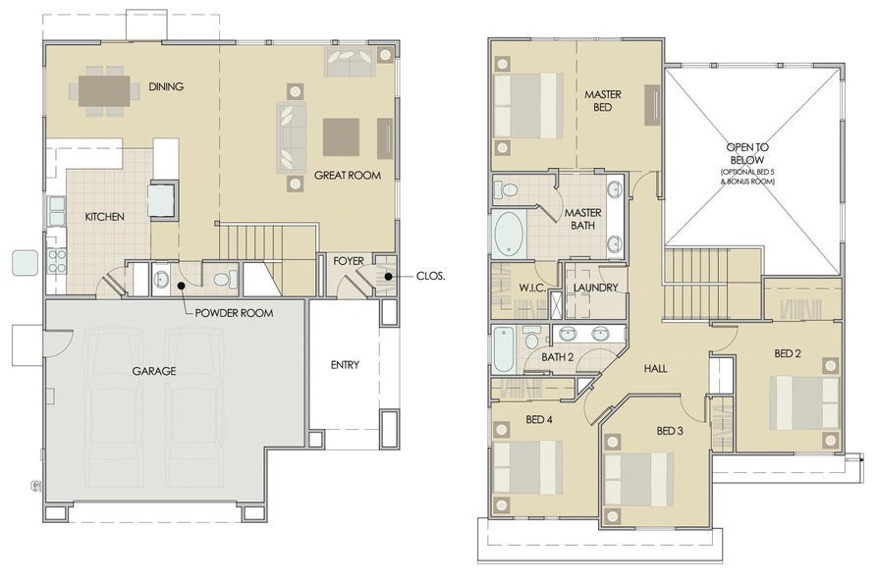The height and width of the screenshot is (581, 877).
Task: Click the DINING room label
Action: tap(166, 86)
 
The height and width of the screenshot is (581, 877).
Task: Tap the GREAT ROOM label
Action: tap(347, 176)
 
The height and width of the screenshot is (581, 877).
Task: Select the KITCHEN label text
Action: tap(104, 217)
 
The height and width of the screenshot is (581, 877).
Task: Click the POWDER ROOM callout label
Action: tap(234, 313)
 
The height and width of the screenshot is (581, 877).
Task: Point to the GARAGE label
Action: tap(154, 372)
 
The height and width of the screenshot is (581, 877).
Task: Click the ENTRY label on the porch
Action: tap(344, 365)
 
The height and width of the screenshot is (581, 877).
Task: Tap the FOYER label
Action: tap(348, 261)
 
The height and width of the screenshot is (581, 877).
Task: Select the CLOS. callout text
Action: tap(430, 277)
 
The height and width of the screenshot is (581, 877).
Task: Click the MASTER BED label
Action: tap(603, 101)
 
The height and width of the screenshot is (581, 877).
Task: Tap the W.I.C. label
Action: tap(532, 288)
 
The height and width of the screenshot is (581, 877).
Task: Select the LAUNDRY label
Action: tap(596, 288)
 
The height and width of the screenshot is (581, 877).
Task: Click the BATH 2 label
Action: tap(557, 356)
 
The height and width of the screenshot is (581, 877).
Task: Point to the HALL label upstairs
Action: tap(655, 369)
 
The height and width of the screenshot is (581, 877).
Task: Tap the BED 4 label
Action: tap(539, 420)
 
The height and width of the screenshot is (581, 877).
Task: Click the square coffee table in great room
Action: tap(341, 136)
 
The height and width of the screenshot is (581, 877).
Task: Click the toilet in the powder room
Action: tap(222, 281)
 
